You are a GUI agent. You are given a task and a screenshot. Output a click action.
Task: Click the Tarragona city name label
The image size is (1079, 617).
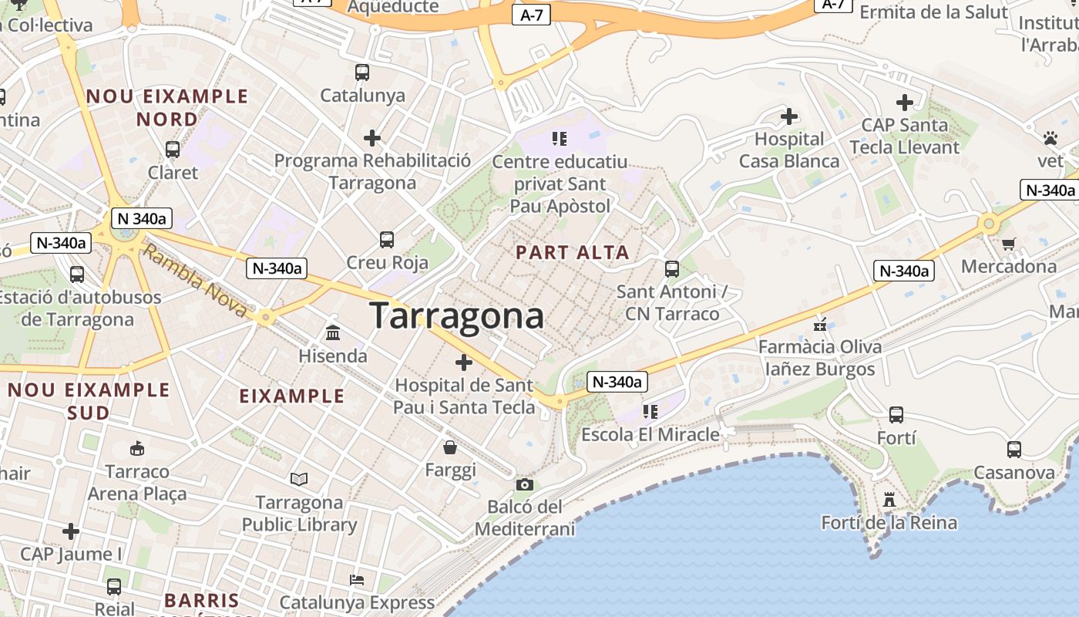456,316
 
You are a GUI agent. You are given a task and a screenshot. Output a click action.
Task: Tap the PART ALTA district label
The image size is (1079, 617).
573,252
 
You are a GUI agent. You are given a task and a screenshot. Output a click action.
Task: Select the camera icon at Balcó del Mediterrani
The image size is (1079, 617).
525,484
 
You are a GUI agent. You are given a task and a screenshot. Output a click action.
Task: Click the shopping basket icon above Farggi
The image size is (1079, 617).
450,447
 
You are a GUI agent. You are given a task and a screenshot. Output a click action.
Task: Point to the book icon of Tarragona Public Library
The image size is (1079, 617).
299,480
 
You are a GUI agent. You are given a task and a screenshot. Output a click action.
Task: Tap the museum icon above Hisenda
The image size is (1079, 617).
333,333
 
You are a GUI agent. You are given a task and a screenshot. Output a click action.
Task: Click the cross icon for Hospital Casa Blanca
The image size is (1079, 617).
789,116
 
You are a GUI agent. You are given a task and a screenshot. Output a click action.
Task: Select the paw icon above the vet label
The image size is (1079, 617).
1050,139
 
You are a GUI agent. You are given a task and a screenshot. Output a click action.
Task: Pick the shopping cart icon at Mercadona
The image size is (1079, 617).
1008,244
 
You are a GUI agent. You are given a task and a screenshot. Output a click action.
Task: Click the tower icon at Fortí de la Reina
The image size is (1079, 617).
889,500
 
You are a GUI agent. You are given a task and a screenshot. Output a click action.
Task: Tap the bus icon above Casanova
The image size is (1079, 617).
1013,450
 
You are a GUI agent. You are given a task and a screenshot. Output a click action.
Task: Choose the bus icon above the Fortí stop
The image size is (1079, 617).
896,415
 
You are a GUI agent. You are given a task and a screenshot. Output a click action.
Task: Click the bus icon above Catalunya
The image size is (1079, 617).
362,72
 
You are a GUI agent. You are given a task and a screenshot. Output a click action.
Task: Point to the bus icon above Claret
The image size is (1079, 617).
173,150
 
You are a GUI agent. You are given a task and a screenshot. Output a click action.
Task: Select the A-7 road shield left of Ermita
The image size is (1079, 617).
834,5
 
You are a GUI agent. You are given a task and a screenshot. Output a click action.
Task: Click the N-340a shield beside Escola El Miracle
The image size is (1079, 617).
617,382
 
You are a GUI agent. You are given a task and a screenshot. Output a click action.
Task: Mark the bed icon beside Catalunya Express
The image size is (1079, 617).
356,580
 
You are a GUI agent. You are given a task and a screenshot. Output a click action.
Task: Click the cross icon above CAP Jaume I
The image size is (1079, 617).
71,531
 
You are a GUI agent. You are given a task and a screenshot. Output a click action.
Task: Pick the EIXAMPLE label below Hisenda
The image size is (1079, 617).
291,396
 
